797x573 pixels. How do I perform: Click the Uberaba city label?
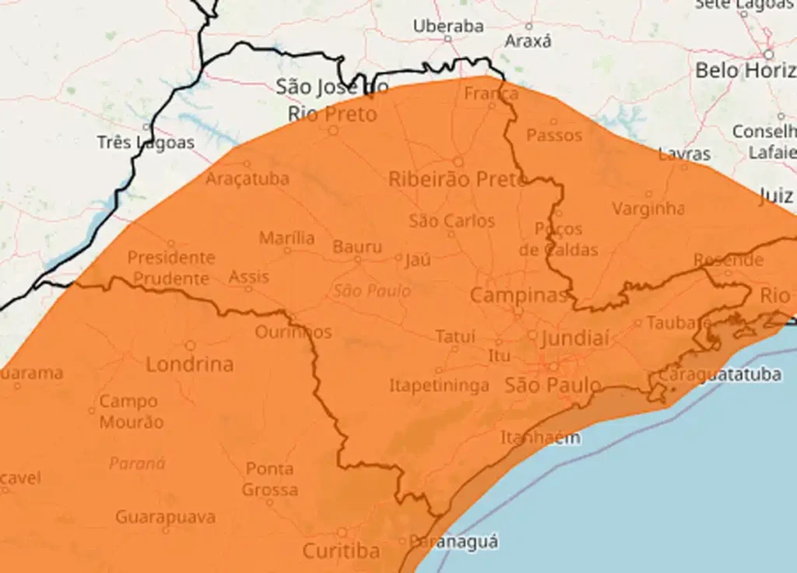(448, 26)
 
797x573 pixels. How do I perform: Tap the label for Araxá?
(528, 41)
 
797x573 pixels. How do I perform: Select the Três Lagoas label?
(146, 142)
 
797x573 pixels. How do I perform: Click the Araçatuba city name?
(248, 178)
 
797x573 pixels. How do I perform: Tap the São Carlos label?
(451, 221)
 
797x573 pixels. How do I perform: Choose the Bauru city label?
(357, 247)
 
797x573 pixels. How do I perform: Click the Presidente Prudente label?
(171, 267)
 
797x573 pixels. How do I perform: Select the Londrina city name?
(190, 364)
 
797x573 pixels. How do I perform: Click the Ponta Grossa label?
(269, 479)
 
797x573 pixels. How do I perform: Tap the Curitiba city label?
(341, 551)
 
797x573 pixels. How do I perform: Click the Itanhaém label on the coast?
(539, 438)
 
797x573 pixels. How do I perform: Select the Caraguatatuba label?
(719, 374)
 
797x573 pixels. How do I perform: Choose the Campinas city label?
(518, 296)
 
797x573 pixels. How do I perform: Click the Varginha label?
(648, 209)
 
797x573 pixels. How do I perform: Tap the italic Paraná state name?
(137, 463)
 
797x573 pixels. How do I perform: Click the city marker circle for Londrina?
(190, 345)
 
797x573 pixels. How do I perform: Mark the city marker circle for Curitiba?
(342, 533)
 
